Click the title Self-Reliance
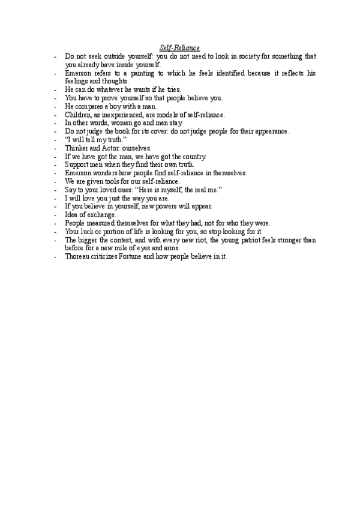coord(180,47)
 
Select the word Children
coord(79,115)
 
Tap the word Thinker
coord(78,148)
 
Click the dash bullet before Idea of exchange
coord(55,215)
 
